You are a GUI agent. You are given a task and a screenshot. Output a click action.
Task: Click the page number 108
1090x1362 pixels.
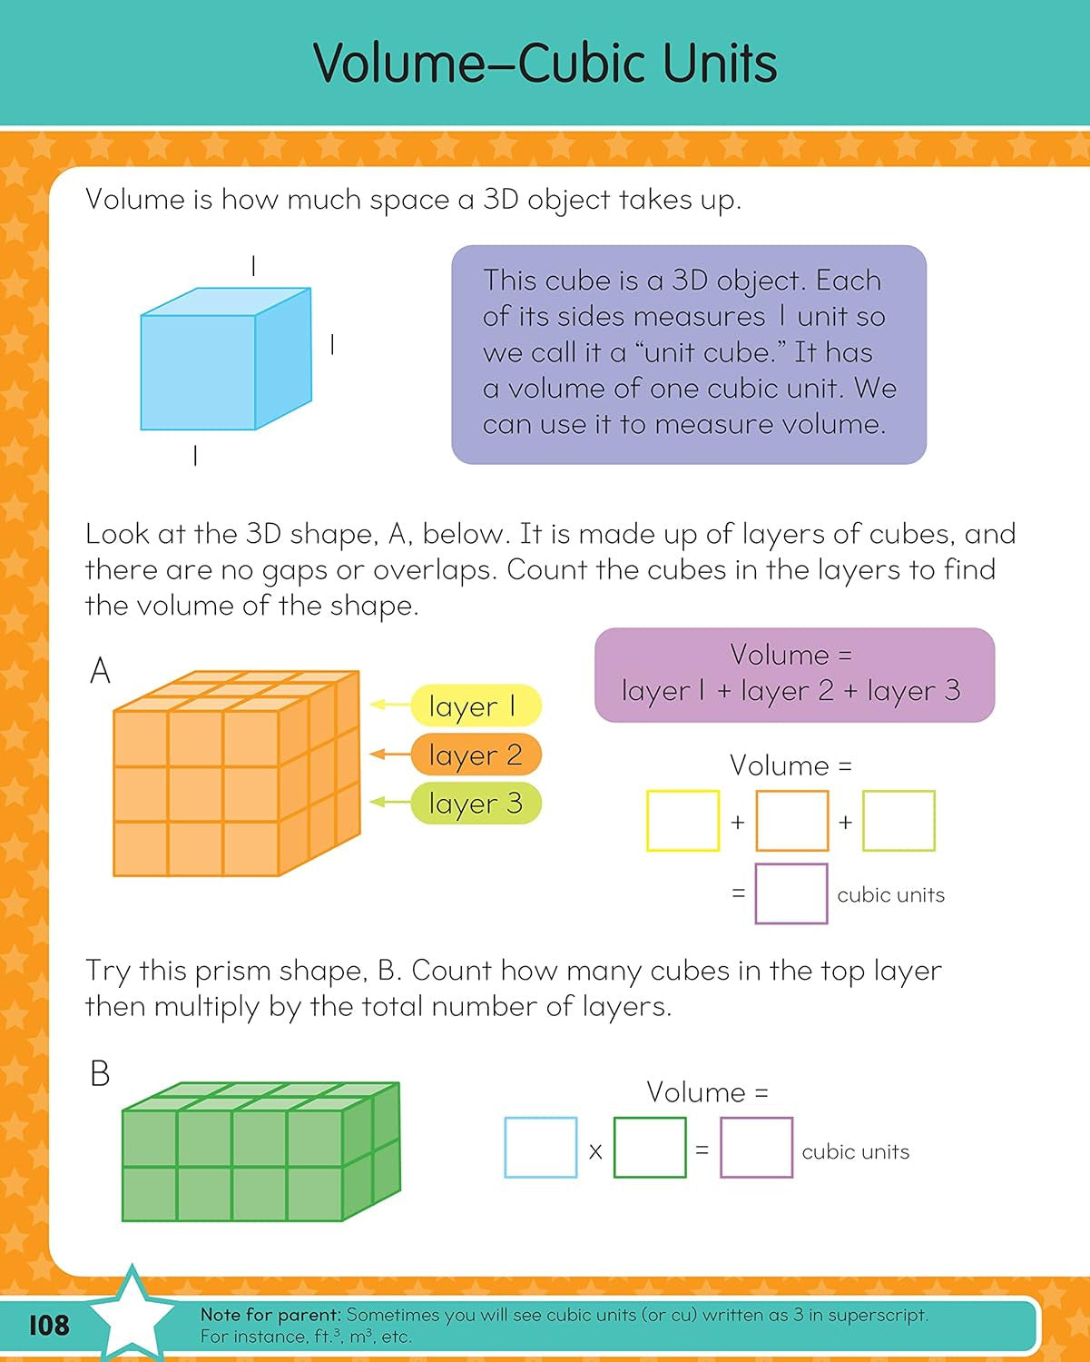click(x=49, y=1325)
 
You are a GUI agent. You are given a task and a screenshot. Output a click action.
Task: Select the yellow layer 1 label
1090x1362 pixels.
click(x=476, y=706)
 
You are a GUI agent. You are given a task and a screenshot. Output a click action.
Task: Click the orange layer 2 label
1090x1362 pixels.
click(x=476, y=755)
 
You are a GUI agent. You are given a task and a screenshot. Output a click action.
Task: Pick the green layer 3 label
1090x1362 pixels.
click(x=476, y=804)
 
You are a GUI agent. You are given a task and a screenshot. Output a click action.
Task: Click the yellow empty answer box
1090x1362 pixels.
click(x=682, y=821)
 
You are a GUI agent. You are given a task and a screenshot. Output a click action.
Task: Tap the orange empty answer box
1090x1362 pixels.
click(x=791, y=821)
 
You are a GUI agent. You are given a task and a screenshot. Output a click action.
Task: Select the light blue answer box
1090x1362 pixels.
click(x=541, y=1149)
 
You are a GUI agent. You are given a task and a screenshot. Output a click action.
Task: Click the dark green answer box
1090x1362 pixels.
click(x=650, y=1149)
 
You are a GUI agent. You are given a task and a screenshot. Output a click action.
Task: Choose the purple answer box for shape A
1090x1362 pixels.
click(x=791, y=894)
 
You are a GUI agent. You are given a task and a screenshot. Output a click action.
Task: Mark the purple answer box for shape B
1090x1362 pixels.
click(x=756, y=1149)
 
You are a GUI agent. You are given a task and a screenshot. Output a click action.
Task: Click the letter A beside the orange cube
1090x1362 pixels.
click(x=100, y=672)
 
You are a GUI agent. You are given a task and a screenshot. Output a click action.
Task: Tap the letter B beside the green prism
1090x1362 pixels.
click(x=100, y=1074)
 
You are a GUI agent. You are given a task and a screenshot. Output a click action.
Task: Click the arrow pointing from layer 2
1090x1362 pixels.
click(x=390, y=754)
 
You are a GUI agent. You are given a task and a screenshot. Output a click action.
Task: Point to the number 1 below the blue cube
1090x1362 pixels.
click(x=195, y=456)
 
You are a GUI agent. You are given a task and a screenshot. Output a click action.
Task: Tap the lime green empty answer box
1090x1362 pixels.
click(x=899, y=821)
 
